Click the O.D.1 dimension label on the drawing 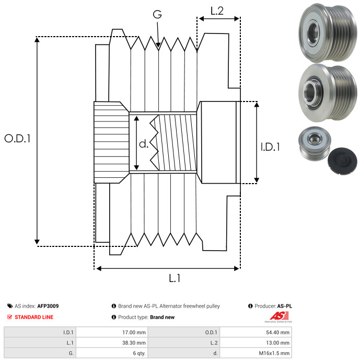click(x=18, y=139)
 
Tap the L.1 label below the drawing click(x=175, y=279)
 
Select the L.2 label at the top click(x=217, y=10)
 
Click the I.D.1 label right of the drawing click(x=270, y=147)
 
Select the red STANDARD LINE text click(x=34, y=317)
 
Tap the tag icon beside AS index click(x=10, y=306)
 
